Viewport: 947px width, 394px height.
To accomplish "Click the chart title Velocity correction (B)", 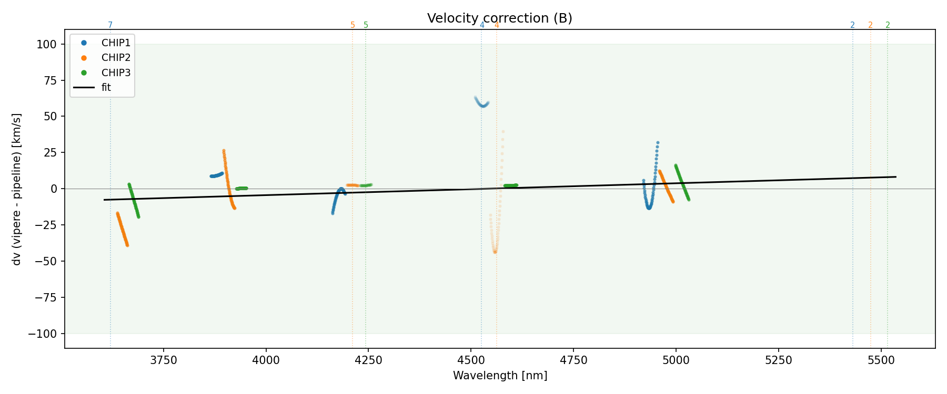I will point(499,18).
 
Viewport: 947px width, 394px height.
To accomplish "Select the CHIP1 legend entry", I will point(116,43).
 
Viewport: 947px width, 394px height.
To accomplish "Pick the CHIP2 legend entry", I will point(116,57).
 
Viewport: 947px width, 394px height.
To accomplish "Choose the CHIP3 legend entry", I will point(116,72).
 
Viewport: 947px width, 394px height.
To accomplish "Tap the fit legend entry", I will point(106,87).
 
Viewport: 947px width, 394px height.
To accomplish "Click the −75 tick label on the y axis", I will point(46,298).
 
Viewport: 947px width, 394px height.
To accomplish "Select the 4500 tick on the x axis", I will point(471,360).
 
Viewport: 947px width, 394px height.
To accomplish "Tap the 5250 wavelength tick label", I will point(778,360).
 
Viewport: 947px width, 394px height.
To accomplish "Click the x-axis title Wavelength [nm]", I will point(500,376).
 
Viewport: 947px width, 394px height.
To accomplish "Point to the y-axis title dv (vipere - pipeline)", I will point(17,189).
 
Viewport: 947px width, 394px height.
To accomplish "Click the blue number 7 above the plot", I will point(110,25).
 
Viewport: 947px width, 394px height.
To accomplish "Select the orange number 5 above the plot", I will point(352,25).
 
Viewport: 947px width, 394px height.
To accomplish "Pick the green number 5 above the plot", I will point(366,25).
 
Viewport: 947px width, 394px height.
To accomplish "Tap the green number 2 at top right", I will point(888,25).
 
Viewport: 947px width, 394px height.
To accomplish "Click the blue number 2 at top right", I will point(852,25).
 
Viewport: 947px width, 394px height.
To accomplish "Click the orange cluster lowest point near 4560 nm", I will point(495,252).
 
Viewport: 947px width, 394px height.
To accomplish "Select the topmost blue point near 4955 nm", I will point(658,143).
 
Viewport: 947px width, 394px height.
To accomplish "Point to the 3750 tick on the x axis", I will point(164,360).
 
